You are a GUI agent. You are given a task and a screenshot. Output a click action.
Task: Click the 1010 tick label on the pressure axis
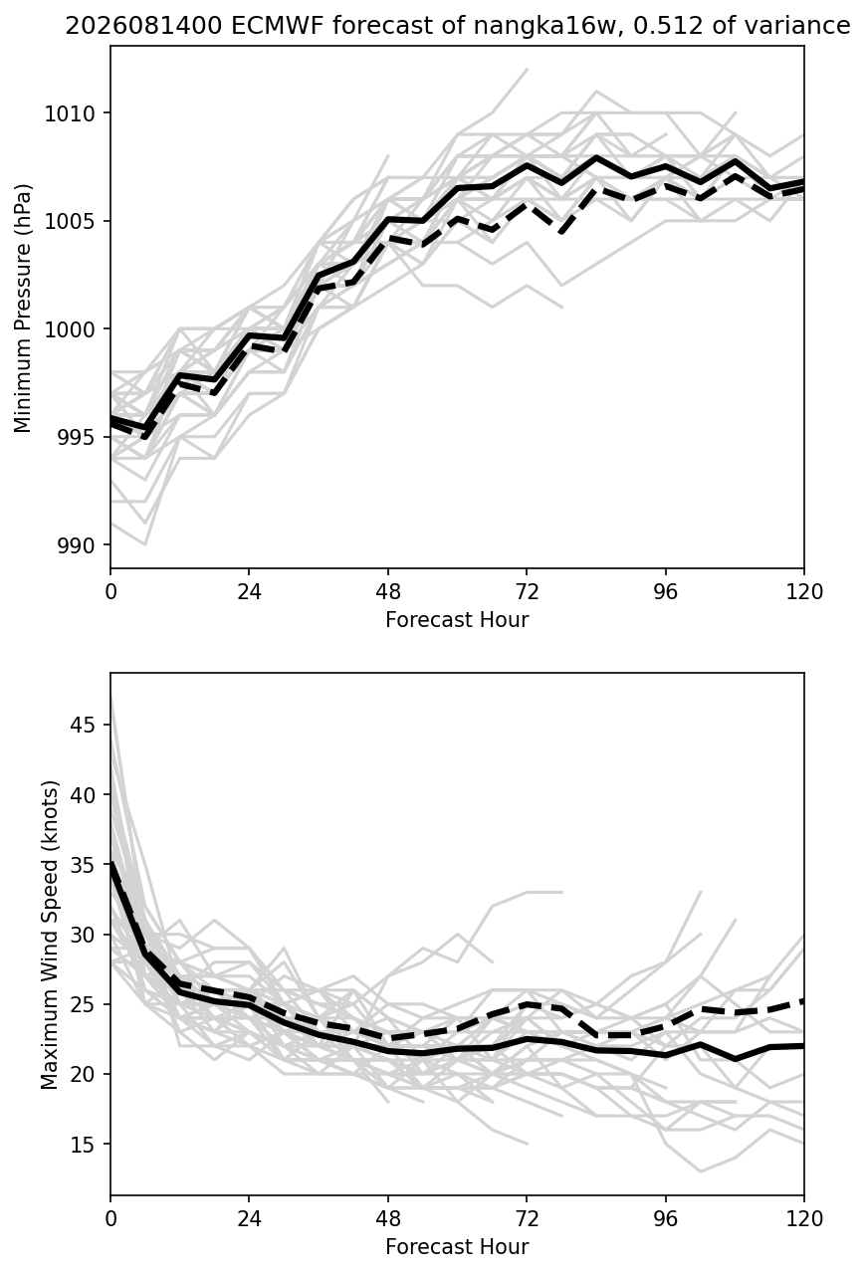[70, 113]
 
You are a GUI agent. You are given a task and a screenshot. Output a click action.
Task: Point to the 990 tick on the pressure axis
[76, 545]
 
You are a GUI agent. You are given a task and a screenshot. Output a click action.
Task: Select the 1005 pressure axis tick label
[70, 222]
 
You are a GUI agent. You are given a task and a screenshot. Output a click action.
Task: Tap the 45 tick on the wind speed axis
[82, 725]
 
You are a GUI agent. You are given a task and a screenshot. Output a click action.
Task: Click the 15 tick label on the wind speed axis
[82, 1144]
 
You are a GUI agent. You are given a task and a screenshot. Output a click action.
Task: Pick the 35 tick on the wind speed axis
[82, 864]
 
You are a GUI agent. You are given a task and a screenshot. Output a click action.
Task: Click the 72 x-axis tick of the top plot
[527, 592]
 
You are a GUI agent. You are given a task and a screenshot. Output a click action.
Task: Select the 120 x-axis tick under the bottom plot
[804, 1219]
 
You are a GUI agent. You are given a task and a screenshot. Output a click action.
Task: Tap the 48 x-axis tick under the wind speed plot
[388, 1219]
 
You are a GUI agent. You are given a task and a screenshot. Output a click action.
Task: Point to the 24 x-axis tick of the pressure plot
[250, 592]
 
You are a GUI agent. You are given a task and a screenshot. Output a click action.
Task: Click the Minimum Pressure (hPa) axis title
[22, 308]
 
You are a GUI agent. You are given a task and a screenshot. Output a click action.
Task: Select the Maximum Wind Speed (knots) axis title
[50, 935]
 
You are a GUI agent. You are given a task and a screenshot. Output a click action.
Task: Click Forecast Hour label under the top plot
[457, 619]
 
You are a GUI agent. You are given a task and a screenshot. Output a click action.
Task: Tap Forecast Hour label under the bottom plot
[457, 1247]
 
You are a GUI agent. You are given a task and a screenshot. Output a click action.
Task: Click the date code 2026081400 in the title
[143, 26]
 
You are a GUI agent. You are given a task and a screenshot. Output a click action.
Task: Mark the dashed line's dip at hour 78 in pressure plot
[561, 233]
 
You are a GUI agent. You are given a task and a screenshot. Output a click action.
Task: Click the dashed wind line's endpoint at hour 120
[803, 1000]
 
